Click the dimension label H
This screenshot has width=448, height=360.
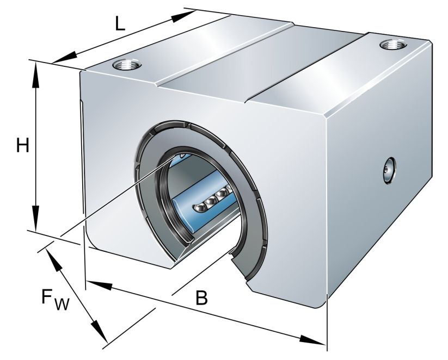[22, 145]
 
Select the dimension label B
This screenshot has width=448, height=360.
[201, 297]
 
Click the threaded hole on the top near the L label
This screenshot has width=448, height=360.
[126, 66]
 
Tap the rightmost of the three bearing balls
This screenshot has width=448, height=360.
[221, 194]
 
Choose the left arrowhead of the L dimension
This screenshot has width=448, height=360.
[62, 57]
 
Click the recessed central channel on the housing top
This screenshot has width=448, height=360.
[261, 65]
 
